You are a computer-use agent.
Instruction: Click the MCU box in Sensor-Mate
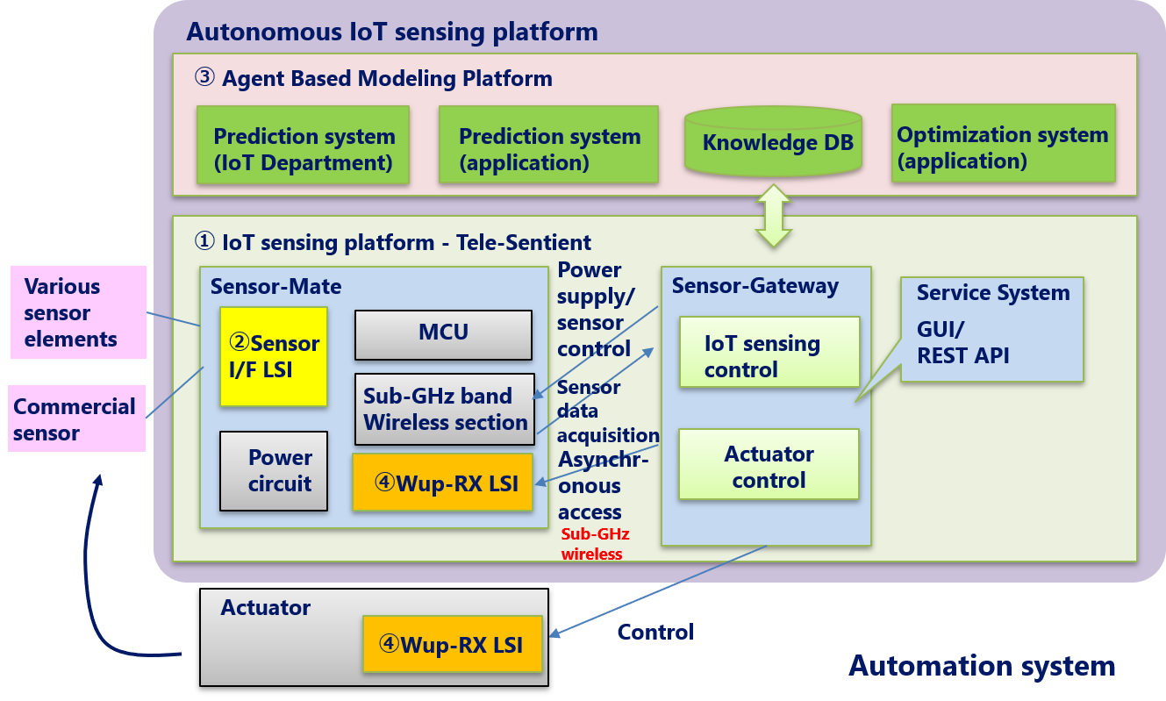coord(443,334)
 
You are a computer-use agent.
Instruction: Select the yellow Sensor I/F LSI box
coord(273,356)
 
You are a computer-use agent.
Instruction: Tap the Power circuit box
coord(273,471)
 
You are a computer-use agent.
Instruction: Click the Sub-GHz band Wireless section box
coord(444,409)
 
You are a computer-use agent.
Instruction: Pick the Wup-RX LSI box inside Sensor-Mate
coord(442,483)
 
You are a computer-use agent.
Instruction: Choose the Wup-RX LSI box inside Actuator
coord(452,645)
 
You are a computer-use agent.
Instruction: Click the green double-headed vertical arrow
coord(774,215)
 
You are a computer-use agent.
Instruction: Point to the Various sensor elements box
coord(77,312)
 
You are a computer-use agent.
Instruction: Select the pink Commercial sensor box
coord(77,418)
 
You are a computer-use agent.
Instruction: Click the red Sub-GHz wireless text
coord(595,544)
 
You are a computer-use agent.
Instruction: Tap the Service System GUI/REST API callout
coord(991,330)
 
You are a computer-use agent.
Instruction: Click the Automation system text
coord(981,666)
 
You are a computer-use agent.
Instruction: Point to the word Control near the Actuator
coord(655,632)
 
